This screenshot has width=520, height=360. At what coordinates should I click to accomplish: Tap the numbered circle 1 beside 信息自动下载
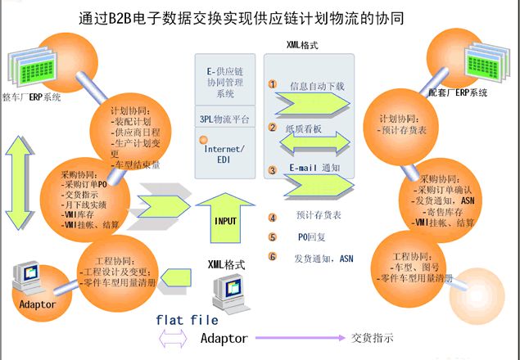click(272, 84)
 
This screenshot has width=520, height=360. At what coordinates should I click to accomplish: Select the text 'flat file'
click(187, 319)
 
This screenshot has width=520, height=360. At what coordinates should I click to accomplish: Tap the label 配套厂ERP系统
click(459, 92)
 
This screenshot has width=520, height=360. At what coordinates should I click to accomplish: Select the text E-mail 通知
click(314, 168)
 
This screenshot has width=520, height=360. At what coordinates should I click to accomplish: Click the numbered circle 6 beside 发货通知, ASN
click(272, 257)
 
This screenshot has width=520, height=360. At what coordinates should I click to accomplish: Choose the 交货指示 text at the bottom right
click(373, 336)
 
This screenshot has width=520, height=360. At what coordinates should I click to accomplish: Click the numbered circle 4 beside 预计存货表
click(272, 218)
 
